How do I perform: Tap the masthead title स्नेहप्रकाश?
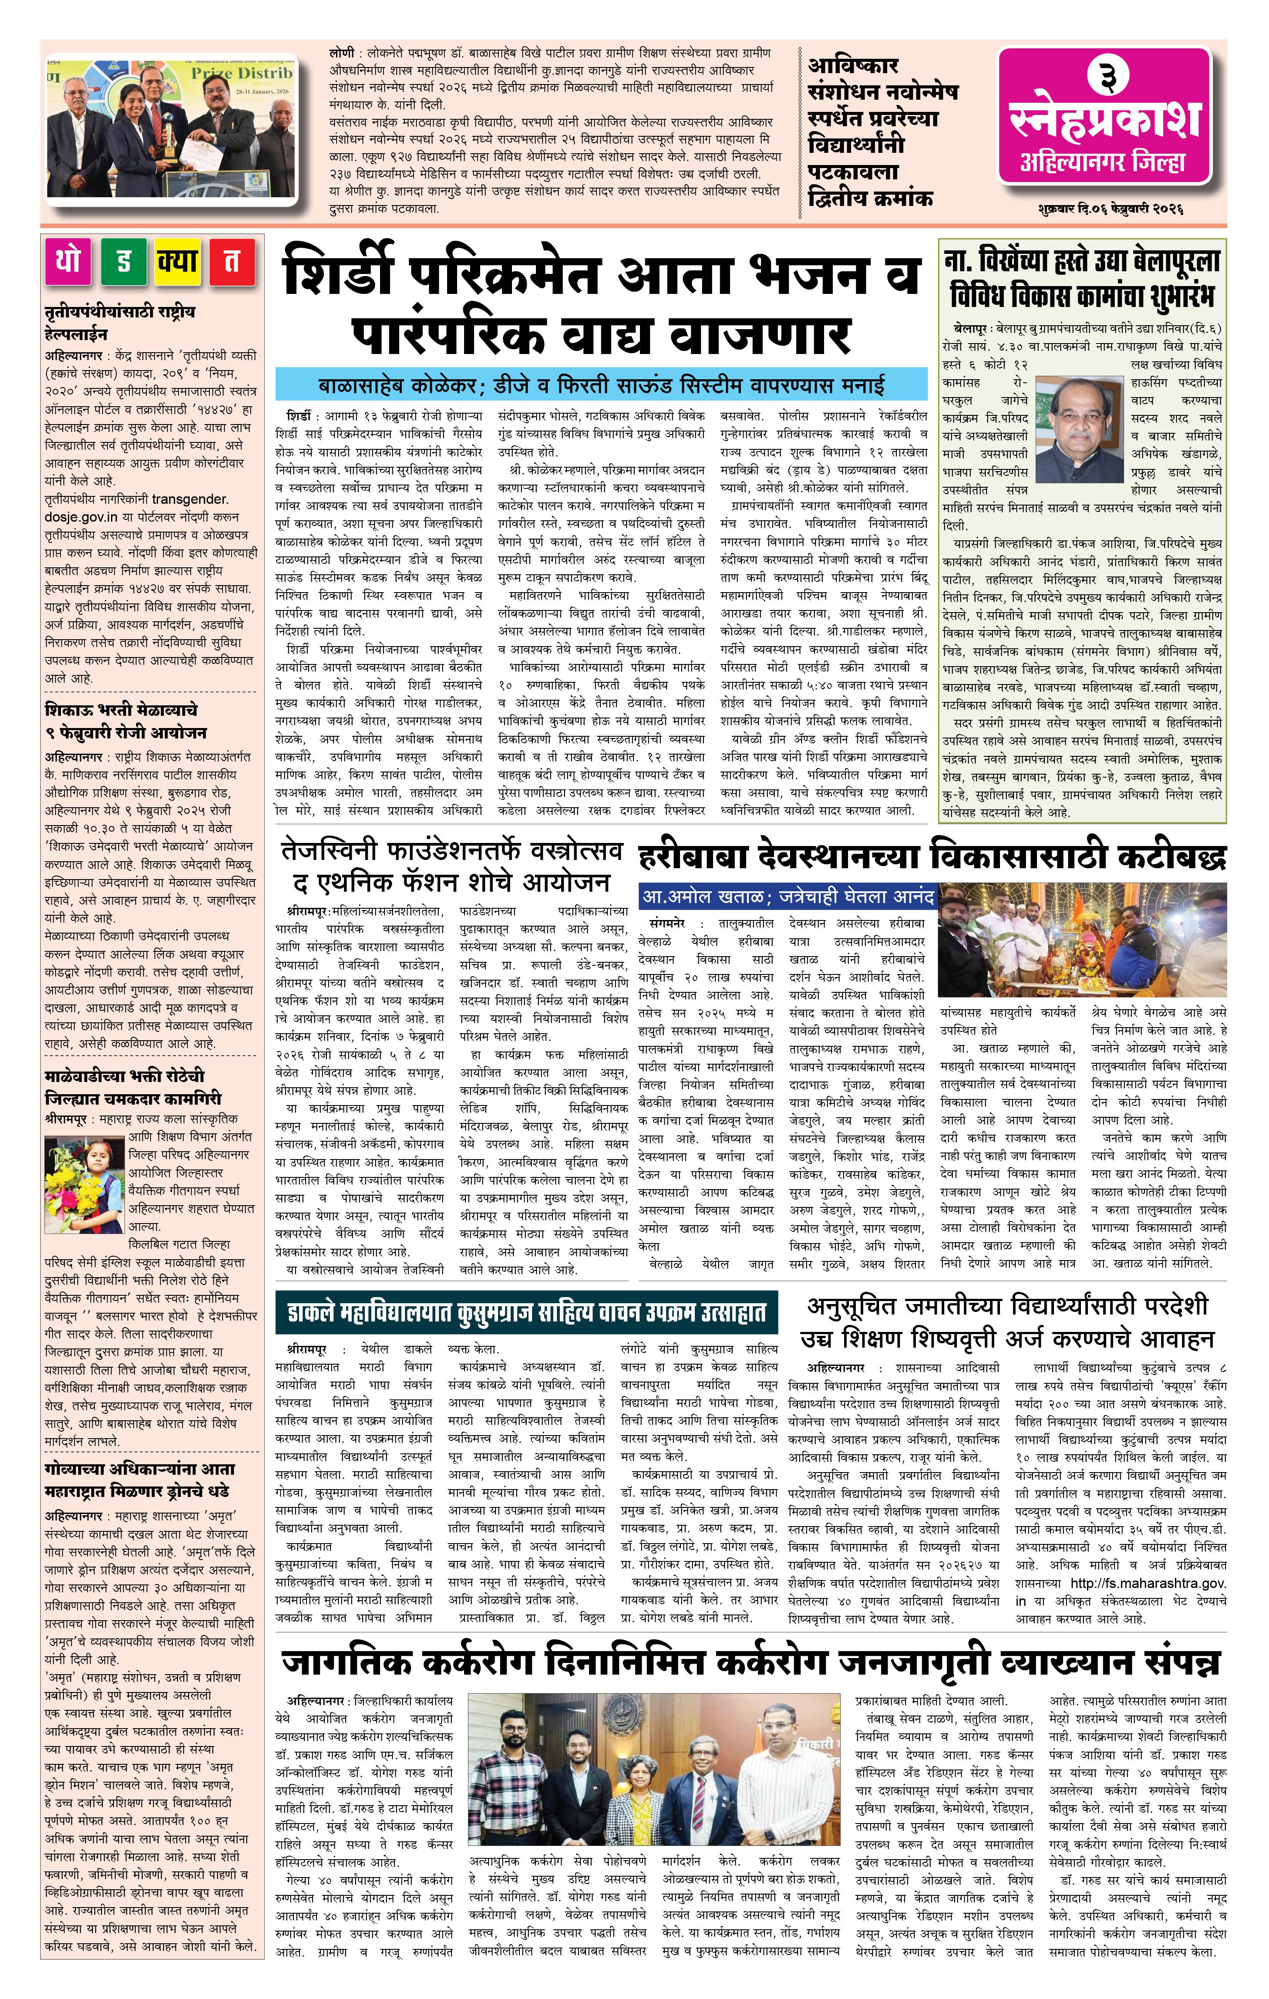point(1105,119)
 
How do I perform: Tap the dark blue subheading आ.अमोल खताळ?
point(788,897)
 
